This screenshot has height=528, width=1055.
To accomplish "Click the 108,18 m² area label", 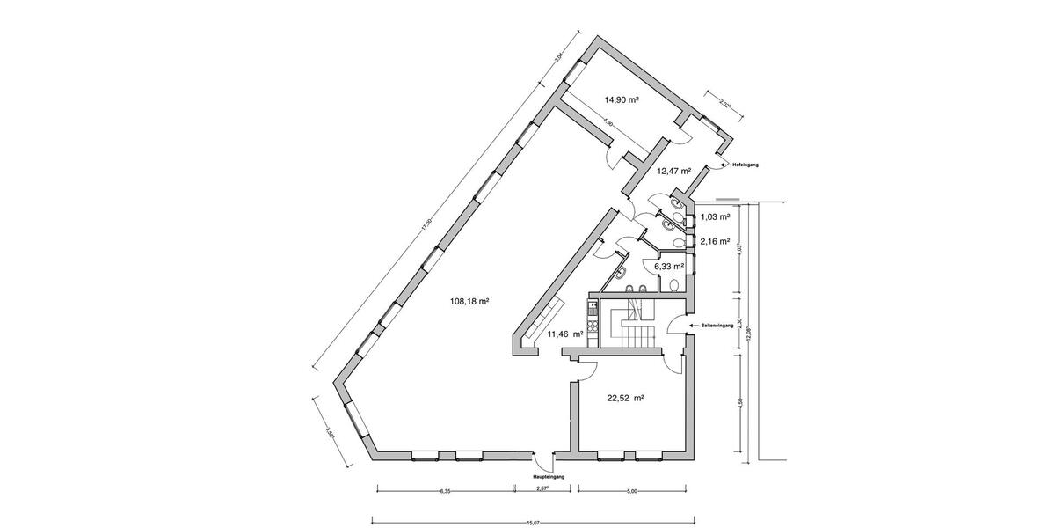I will pos(469,300).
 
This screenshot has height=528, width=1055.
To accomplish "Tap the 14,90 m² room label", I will pos(621,100).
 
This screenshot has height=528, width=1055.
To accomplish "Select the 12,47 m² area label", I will pos(673,171).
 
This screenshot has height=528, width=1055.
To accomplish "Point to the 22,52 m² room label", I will pos(626,398).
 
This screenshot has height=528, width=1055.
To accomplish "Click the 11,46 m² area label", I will pos(564,334).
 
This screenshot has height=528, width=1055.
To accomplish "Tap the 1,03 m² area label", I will pos(715,216).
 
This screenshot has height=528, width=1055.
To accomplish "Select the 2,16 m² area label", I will pos(715,240).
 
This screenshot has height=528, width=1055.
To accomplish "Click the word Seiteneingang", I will pos(717,326).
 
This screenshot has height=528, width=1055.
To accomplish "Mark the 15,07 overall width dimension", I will pos(533,522).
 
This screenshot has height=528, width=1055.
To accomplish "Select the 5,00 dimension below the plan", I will pos(631,491).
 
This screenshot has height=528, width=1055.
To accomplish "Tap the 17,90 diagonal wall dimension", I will pos(426,224).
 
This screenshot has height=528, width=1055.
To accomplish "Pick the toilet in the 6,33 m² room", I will pos(672,286).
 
